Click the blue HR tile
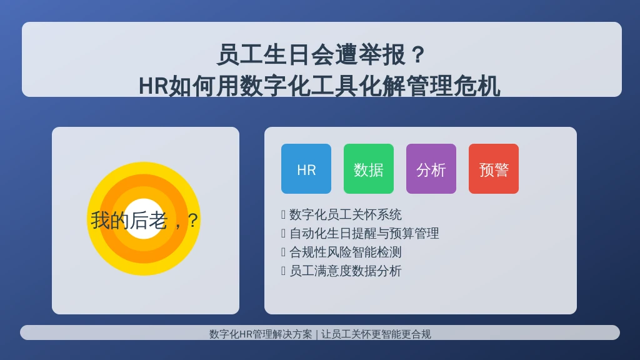tap(306, 169)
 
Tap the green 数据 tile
tap(369, 169)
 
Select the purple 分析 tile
tap(431, 169)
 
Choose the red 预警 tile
tap(494, 169)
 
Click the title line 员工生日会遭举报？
tap(321, 55)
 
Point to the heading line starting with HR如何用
tap(319, 86)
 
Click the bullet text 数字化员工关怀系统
tap(345, 215)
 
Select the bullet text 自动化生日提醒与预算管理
tap(364, 234)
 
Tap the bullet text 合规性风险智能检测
tap(345, 252)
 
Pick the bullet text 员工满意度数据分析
tap(345, 271)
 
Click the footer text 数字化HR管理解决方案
tap(261, 334)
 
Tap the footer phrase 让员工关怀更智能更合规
tap(376, 334)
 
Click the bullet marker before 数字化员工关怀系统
tap(283, 215)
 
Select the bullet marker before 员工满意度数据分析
tap(283, 271)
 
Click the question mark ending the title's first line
tap(418, 55)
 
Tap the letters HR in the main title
tap(154, 86)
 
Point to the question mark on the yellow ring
tap(193, 221)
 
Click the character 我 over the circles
tap(100, 221)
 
